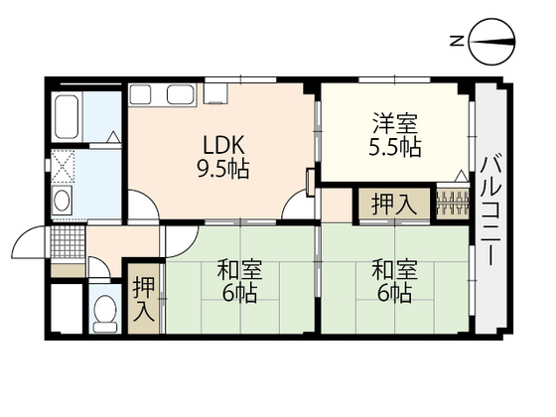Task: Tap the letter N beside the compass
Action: (x=458, y=41)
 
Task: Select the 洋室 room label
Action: (x=395, y=126)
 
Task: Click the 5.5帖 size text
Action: (x=395, y=149)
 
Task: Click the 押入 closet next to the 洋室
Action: (x=394, y=205)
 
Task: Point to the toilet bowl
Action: (x=103, y=314)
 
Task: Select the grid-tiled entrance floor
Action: (x=67, y=240)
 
